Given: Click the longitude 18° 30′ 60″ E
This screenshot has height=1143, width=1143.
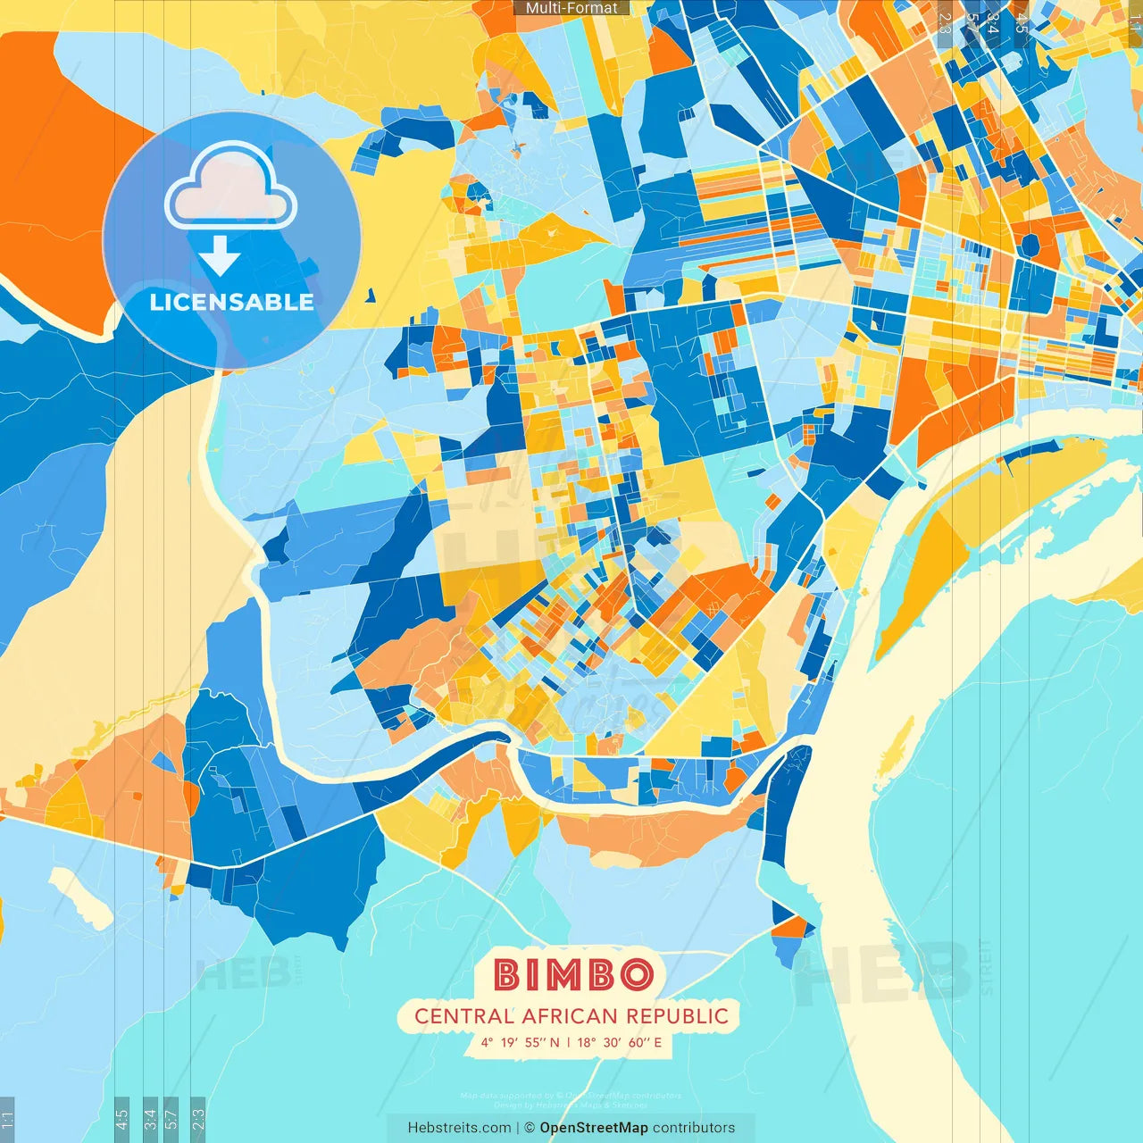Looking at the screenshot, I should click(x=620, y=1042).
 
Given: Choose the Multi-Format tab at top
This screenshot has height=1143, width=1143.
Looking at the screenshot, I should click(x=571, y=8).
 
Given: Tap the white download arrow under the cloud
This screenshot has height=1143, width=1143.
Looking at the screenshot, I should click(x=220, y=255).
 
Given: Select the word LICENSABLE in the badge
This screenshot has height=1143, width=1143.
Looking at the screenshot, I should click(x=231, y=302).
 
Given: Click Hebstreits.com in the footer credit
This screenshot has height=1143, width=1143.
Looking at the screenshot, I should click(x=459, y=1128).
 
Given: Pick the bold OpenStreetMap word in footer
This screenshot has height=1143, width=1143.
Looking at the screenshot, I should click(x=594, y=1128).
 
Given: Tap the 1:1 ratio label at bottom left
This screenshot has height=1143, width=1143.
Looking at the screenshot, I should click(x=7, y=1119).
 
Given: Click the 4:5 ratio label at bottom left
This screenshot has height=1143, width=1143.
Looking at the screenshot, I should click(x=121, y=1119).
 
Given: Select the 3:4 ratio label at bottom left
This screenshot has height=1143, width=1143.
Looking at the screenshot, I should click(x=150, y=1119).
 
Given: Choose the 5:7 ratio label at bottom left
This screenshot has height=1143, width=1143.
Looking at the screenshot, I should click(x=171, y=1119).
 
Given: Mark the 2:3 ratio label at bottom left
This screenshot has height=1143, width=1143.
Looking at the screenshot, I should click(x=198, y=1119).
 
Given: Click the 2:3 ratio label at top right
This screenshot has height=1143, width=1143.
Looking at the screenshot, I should click(x=945, y=22).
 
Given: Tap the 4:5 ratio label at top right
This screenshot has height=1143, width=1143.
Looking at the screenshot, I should click(x=1021, y=22).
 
